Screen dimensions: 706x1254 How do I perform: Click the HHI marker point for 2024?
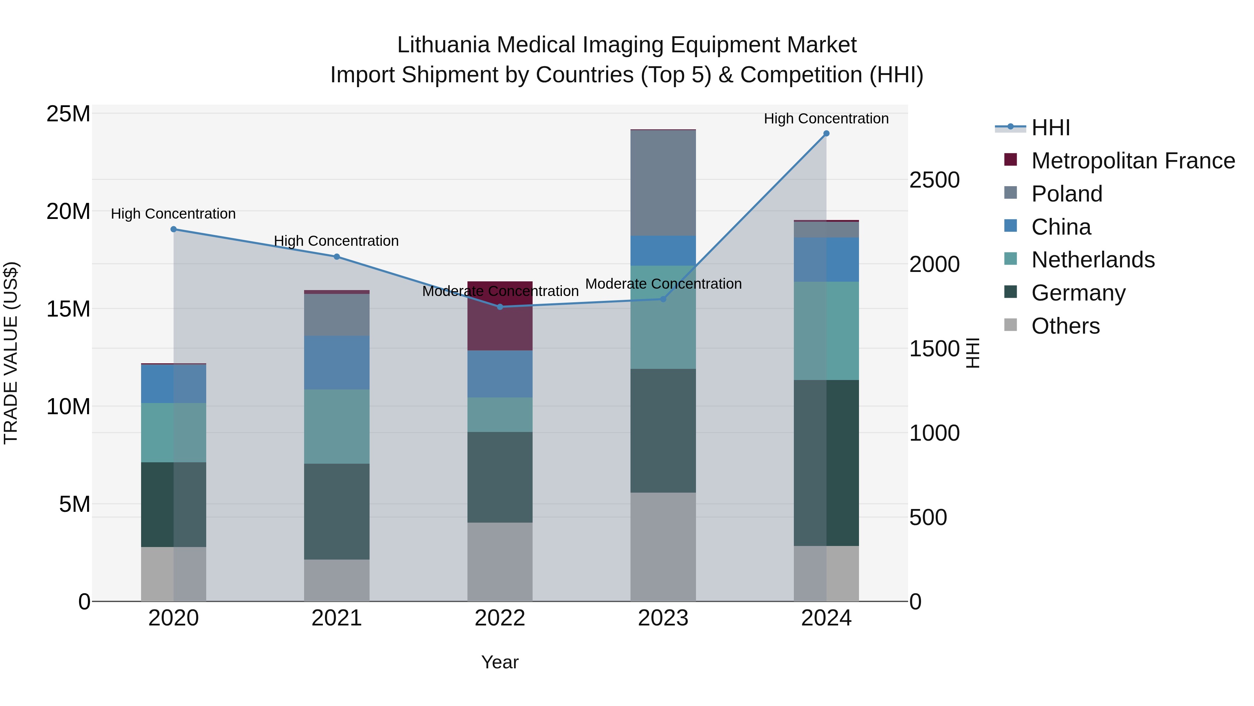(826, 134)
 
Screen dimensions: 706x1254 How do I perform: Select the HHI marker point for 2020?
(174, 229)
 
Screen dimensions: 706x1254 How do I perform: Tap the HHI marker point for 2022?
(500, 306)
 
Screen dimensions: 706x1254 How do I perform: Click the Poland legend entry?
(1066, 194)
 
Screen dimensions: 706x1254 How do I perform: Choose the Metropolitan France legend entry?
(1132, 161)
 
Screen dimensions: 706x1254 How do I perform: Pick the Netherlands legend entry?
(1092, 260)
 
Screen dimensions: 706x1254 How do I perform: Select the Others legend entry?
(1065, 326)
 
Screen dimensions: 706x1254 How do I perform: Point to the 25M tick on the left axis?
(68, 114)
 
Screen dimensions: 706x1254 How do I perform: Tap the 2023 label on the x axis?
(663, 618)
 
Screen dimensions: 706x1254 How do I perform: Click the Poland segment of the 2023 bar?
(663, 183)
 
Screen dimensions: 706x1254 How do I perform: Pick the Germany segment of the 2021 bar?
(337, 511)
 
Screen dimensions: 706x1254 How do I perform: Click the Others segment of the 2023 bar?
(663, 547)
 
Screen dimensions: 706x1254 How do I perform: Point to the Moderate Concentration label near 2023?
(663, 283)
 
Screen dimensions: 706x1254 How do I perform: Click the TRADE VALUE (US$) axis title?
(11, 353)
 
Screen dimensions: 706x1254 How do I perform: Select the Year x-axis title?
(500, 662)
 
